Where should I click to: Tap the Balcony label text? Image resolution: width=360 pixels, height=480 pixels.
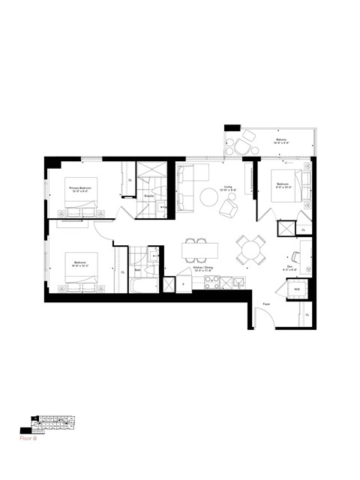pos(281,141)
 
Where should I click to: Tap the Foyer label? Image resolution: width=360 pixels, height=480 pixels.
pos(266,303)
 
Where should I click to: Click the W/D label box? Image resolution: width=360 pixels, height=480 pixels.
pos(297,289)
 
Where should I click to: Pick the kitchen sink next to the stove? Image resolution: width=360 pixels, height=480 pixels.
pos(236,282)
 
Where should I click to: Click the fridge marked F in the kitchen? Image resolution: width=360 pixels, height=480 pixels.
pos(182,285)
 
